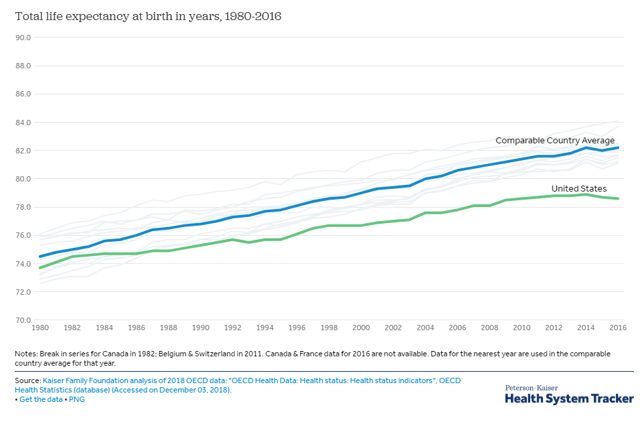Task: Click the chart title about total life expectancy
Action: pos(148,16)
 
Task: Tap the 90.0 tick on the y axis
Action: pos(23,38)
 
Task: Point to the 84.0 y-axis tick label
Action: pos(23,123)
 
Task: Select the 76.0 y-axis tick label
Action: pos(23,236)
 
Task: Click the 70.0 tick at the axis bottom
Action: pos(23,320)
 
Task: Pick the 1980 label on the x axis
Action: pos(40,328)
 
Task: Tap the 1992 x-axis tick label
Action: pos(232,328)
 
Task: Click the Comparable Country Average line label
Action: pos(554,141)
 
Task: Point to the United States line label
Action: pos(578,189)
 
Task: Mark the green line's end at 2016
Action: pos(618,198)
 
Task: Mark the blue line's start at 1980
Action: pos(40,257)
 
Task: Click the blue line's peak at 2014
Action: pos(586,147)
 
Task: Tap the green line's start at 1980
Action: pos(40,268)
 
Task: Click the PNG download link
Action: pos(76,399)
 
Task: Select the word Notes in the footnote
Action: pos(25,353)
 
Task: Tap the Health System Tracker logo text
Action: pos(568,398)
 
